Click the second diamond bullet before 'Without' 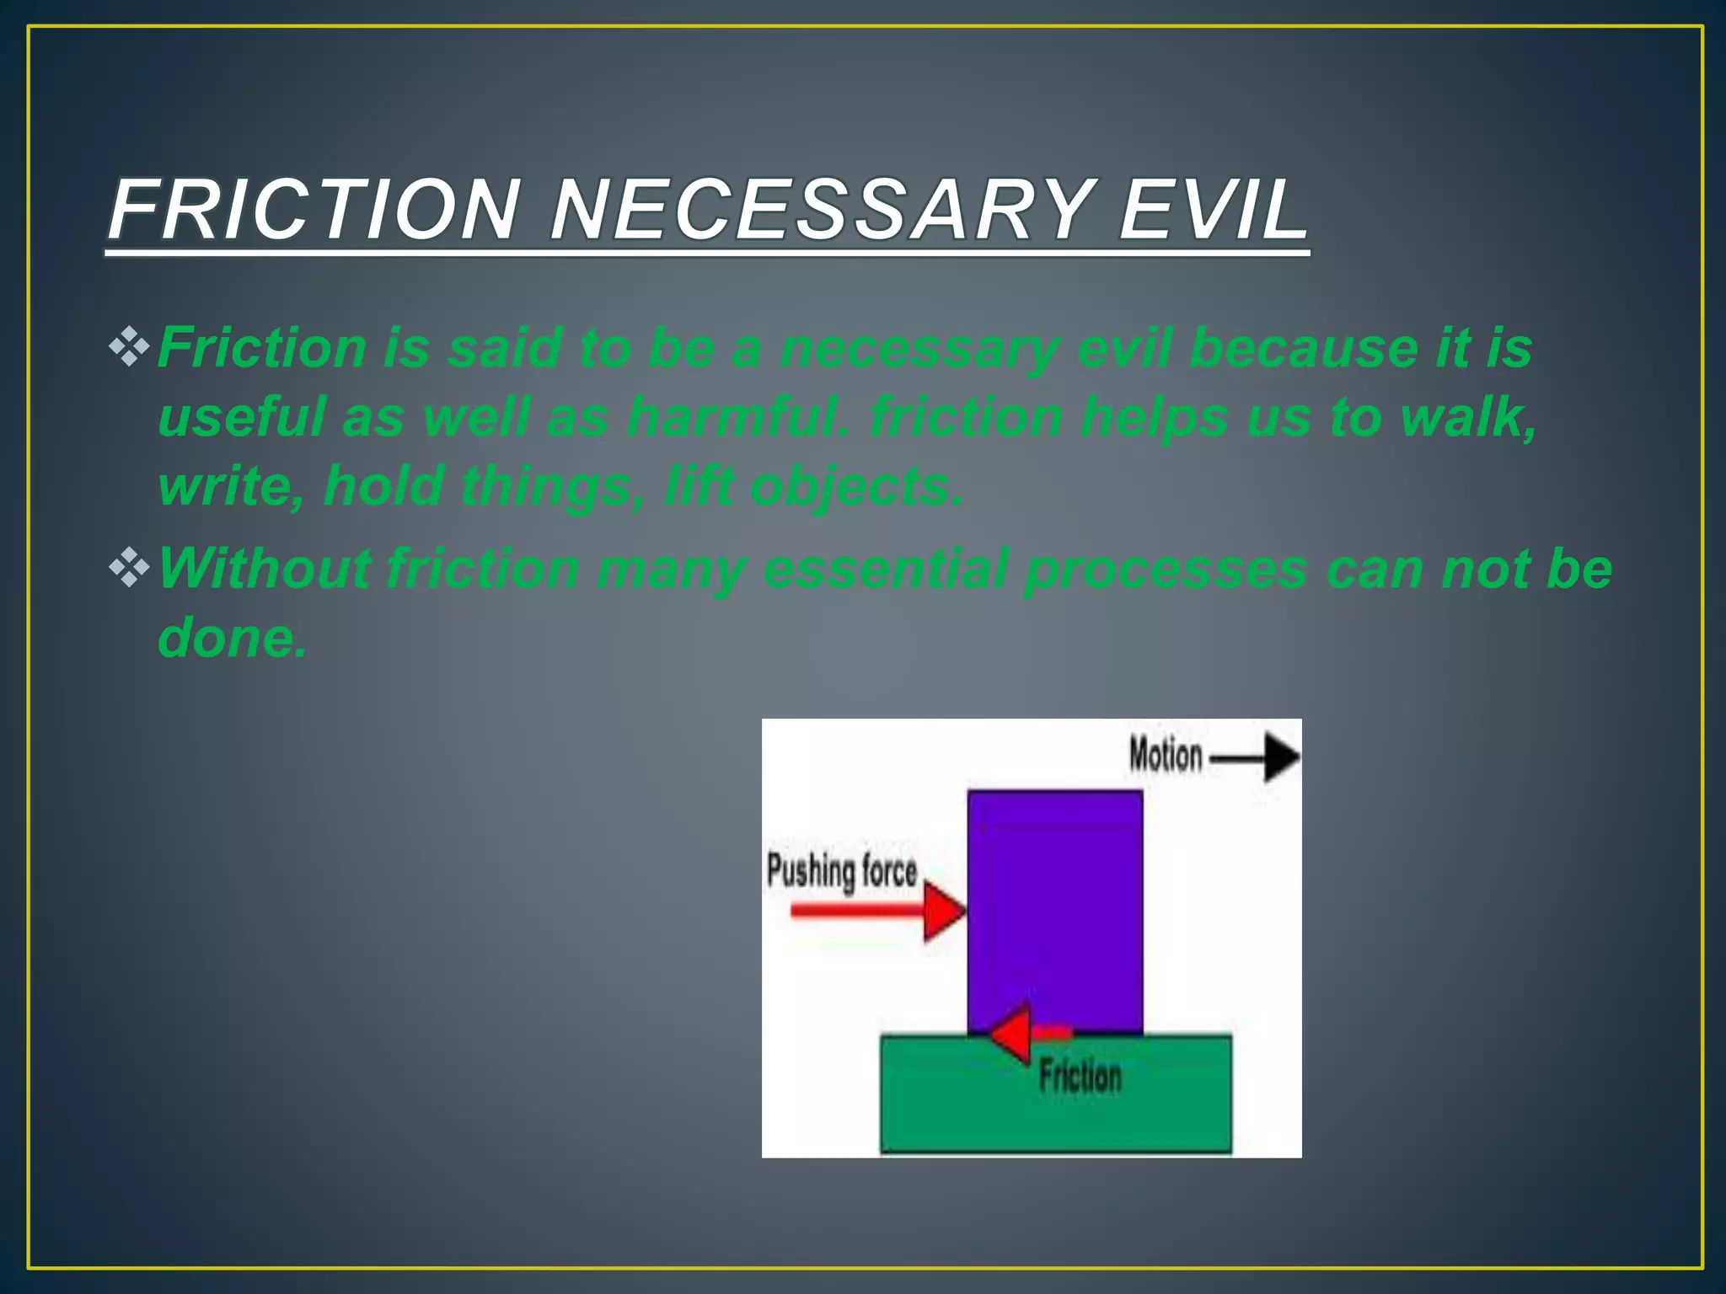pos(129,568)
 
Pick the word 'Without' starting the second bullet pos(263,568)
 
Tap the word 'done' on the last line pos(229,638)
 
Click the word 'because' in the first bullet pos(1302,347)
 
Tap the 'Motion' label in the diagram pos(1166,755)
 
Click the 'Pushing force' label pos(841,871)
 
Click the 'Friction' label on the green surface pos(1080,1077)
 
